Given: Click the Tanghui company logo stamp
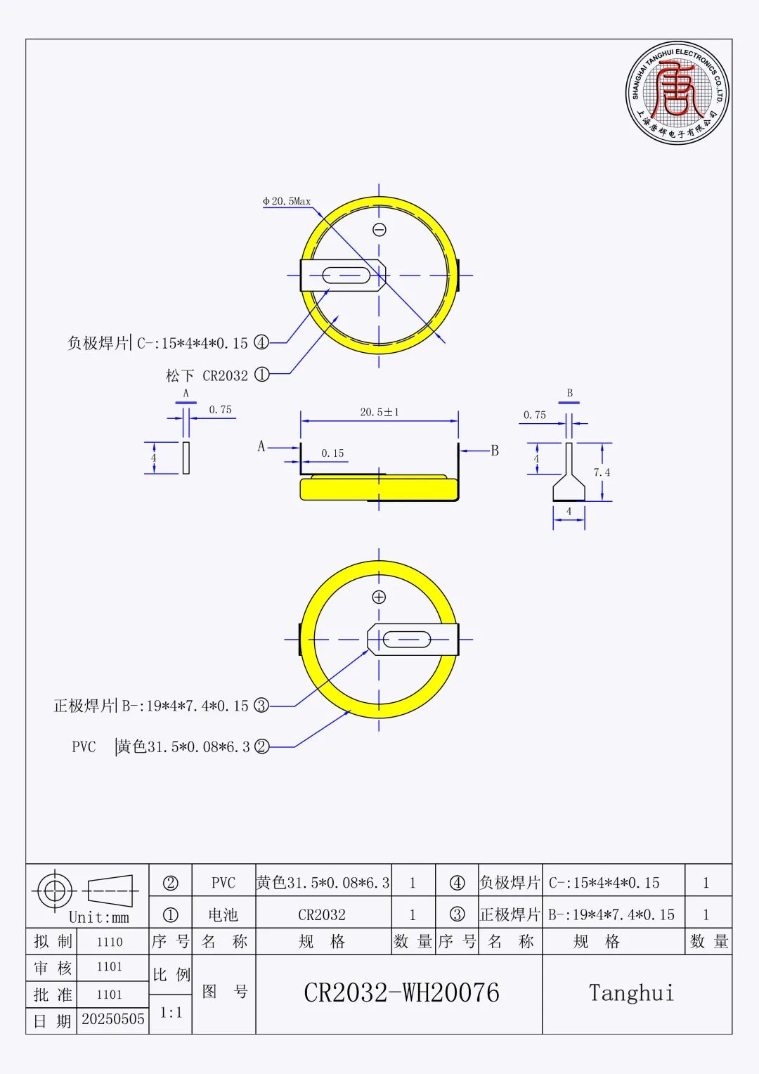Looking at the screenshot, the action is coord(677,93).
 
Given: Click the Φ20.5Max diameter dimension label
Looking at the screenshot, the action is coord(287,201).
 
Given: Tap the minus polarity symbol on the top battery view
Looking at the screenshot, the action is coord(379,230).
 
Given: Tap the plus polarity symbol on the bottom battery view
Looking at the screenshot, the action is coord(379,597).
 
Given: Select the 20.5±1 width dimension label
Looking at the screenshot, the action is coord(379,413).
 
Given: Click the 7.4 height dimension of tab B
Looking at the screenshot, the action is coord(602,472).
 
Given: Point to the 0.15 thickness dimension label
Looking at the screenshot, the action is coord(332,453).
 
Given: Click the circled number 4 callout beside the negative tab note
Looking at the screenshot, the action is coord(261,343).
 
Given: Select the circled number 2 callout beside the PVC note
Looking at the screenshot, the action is coord(262,746).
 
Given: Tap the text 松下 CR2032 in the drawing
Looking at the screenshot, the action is coord(207,375).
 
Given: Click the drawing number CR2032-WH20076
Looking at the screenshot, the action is coord(401,993).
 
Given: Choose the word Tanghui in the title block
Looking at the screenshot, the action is coord(631,993).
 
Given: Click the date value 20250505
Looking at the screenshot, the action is coord(112,1019).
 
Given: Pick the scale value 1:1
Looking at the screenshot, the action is coord(171,1013).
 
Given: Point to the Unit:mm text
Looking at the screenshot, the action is coord(99,917).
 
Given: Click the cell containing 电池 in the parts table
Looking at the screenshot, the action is coord(223,915).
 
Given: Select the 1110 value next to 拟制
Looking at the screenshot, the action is coord(110,942).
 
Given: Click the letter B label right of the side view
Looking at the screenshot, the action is coord(494,451).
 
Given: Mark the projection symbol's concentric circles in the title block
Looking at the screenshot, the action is coord(54,891).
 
